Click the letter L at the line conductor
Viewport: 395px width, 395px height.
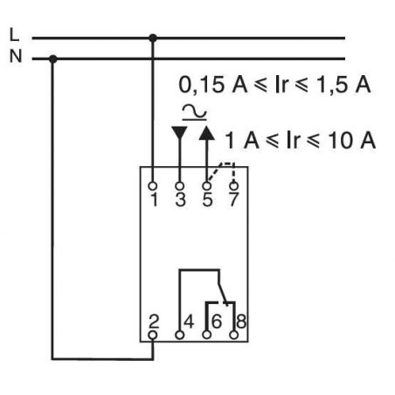tap(12, 36)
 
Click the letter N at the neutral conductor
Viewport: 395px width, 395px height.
tap(12, 58)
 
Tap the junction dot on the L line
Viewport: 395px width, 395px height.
tap(154, 38)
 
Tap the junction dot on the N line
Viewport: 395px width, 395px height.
tap(53, 59)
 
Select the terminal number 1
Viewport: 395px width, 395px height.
tap(154, 199)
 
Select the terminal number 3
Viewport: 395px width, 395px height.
tap(180, 199)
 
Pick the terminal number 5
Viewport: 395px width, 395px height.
tap(207, 199)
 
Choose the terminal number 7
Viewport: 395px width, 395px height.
tap(233, 199)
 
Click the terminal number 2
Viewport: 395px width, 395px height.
tap(154, 321)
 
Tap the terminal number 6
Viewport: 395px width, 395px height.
tap(216, 321)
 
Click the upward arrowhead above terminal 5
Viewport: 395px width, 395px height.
tap(206, 133)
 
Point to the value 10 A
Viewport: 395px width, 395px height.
tap(354, 140)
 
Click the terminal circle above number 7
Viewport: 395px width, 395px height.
tap(233, 185)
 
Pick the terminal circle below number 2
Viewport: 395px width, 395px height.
tap(154, 333)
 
